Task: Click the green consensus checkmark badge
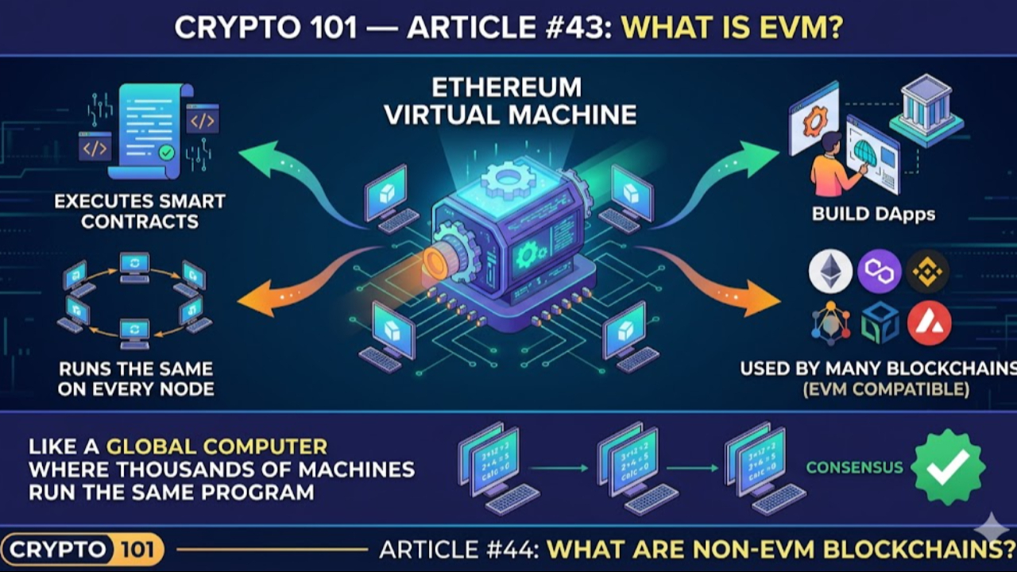point(948,467)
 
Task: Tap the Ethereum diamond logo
point(830,272)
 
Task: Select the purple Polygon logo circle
point(880,272)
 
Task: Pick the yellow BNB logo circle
point(928,272)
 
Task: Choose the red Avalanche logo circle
point(929,323)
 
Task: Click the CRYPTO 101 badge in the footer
point(83,549)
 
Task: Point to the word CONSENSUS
point(854,467)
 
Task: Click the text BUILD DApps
point(873,214)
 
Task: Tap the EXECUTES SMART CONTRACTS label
point(140,211)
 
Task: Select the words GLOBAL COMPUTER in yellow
point(217,446)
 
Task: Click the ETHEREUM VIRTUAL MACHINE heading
point(510,101)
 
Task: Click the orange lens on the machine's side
point(436,263)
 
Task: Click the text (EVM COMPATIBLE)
point(886,389)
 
